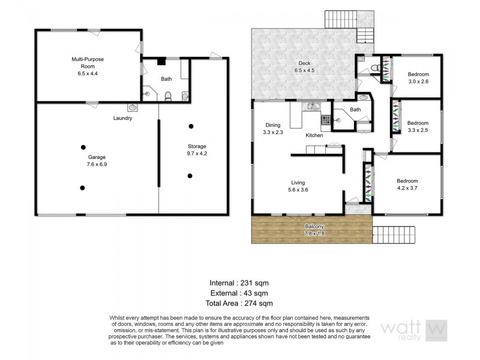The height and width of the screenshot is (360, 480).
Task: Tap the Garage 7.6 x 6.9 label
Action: click(85, 160)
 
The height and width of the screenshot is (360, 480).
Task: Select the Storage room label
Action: click(197, 150)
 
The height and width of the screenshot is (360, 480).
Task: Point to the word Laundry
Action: click(122, 118)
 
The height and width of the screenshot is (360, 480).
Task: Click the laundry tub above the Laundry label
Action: click(131, 108)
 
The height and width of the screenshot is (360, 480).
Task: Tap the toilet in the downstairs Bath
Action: click(169, 95)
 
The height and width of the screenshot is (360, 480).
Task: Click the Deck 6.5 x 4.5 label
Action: click(304, 67)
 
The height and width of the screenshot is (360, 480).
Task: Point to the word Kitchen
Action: click(314, 136)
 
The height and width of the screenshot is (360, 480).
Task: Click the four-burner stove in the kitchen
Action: click(326, 121)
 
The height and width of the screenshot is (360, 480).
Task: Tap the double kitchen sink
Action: click(313, 107)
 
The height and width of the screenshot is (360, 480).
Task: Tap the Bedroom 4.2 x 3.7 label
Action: click(407, 184)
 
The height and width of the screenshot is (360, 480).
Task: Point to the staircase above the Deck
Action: click(341, 20)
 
